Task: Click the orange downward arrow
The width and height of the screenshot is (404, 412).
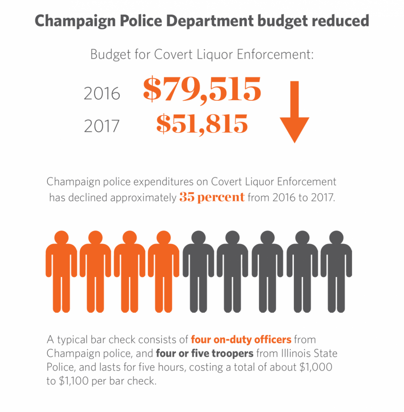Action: (x=294, y=114)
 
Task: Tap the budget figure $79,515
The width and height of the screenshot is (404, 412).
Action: (x=202, y=89)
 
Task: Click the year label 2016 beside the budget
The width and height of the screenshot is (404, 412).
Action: (x=102, y=93)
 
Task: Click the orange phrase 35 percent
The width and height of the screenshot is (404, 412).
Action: (x=212, y=198)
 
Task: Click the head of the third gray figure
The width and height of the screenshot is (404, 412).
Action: (x=268, y=239)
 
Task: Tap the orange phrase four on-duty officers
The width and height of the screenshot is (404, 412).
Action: (x=241, y=340)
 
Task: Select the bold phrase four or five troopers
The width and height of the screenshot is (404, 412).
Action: (x=205, y=353)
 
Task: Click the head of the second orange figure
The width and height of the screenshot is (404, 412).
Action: (x=96, y=239)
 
